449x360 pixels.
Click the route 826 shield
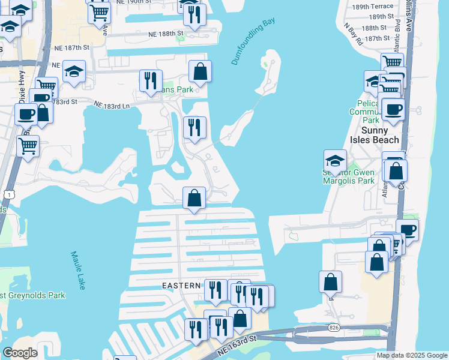click(x=334, y=328)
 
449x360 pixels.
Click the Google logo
click(x=20, y=353)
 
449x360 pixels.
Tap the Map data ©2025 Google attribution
click(x=411, y=355)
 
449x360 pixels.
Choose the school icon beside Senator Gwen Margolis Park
click(x=335, y=160)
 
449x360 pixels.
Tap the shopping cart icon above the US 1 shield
click(x=28, y=145)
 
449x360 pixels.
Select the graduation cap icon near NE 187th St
click(x=74, y=71)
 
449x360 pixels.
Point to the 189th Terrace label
click(x=373, y=6)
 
